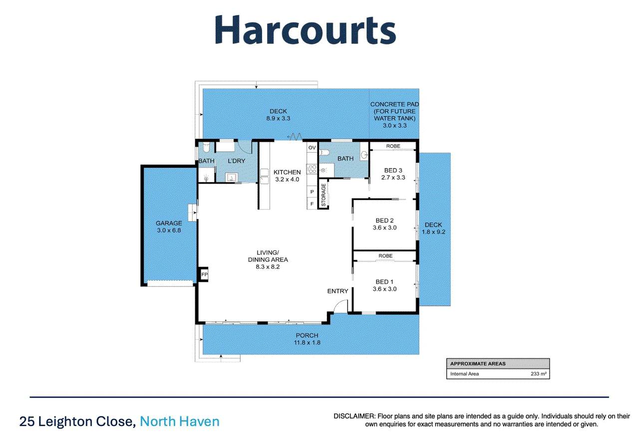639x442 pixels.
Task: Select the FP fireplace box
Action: (x=204, y=275)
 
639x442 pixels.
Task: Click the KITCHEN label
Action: (x=287, y=172)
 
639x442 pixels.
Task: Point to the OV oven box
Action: (x=312, y=148)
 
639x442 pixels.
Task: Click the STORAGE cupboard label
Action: (x=323, y=195)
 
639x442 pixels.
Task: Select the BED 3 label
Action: (x=393, y=170)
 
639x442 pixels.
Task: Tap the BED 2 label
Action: (x=384, y=221)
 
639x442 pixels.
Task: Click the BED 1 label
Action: (x=384, y=282)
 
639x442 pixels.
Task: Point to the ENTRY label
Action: (x=337, y=291)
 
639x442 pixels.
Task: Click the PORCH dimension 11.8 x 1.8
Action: (x=307, y=343)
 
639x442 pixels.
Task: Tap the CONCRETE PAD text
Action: (x=394, y=104)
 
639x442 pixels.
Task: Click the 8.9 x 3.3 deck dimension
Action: (x=278, y=119)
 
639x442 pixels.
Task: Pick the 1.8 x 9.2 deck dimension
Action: (x=434, y=232)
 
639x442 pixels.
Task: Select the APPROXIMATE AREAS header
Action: (x=478, y=364)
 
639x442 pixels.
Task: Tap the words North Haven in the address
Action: (x=179, y=422)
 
